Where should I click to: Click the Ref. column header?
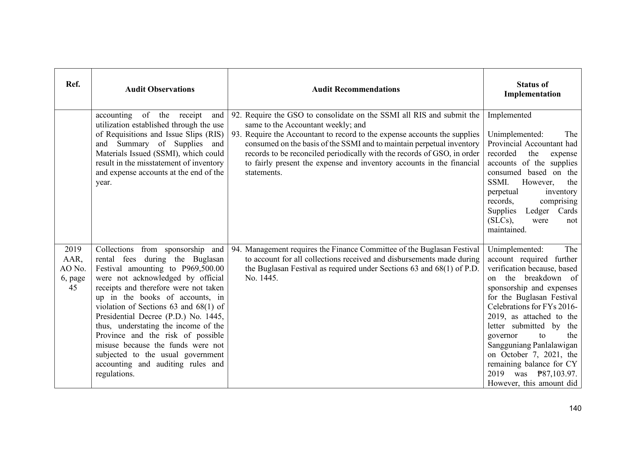[x=73, y=84]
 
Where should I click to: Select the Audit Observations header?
[x=160, y=89]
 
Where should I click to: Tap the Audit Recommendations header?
[x=356, y=89]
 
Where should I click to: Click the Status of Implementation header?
[x=532, y=89]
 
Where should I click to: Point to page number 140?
[x=575, y=408]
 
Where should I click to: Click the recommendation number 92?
[x=236, y=115]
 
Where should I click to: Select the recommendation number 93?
[x=236, y=135]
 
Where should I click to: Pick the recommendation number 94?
[x=236, y=250]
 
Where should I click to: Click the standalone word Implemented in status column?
[x=509, y=115]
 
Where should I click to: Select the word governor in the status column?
[x=502, y=336]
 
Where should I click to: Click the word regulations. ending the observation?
[x=115, y=374]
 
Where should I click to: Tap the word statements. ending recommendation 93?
[x=263, y=173]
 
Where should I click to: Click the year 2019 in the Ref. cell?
[x=73, y=250]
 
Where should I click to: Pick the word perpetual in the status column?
[x=503, y=192]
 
